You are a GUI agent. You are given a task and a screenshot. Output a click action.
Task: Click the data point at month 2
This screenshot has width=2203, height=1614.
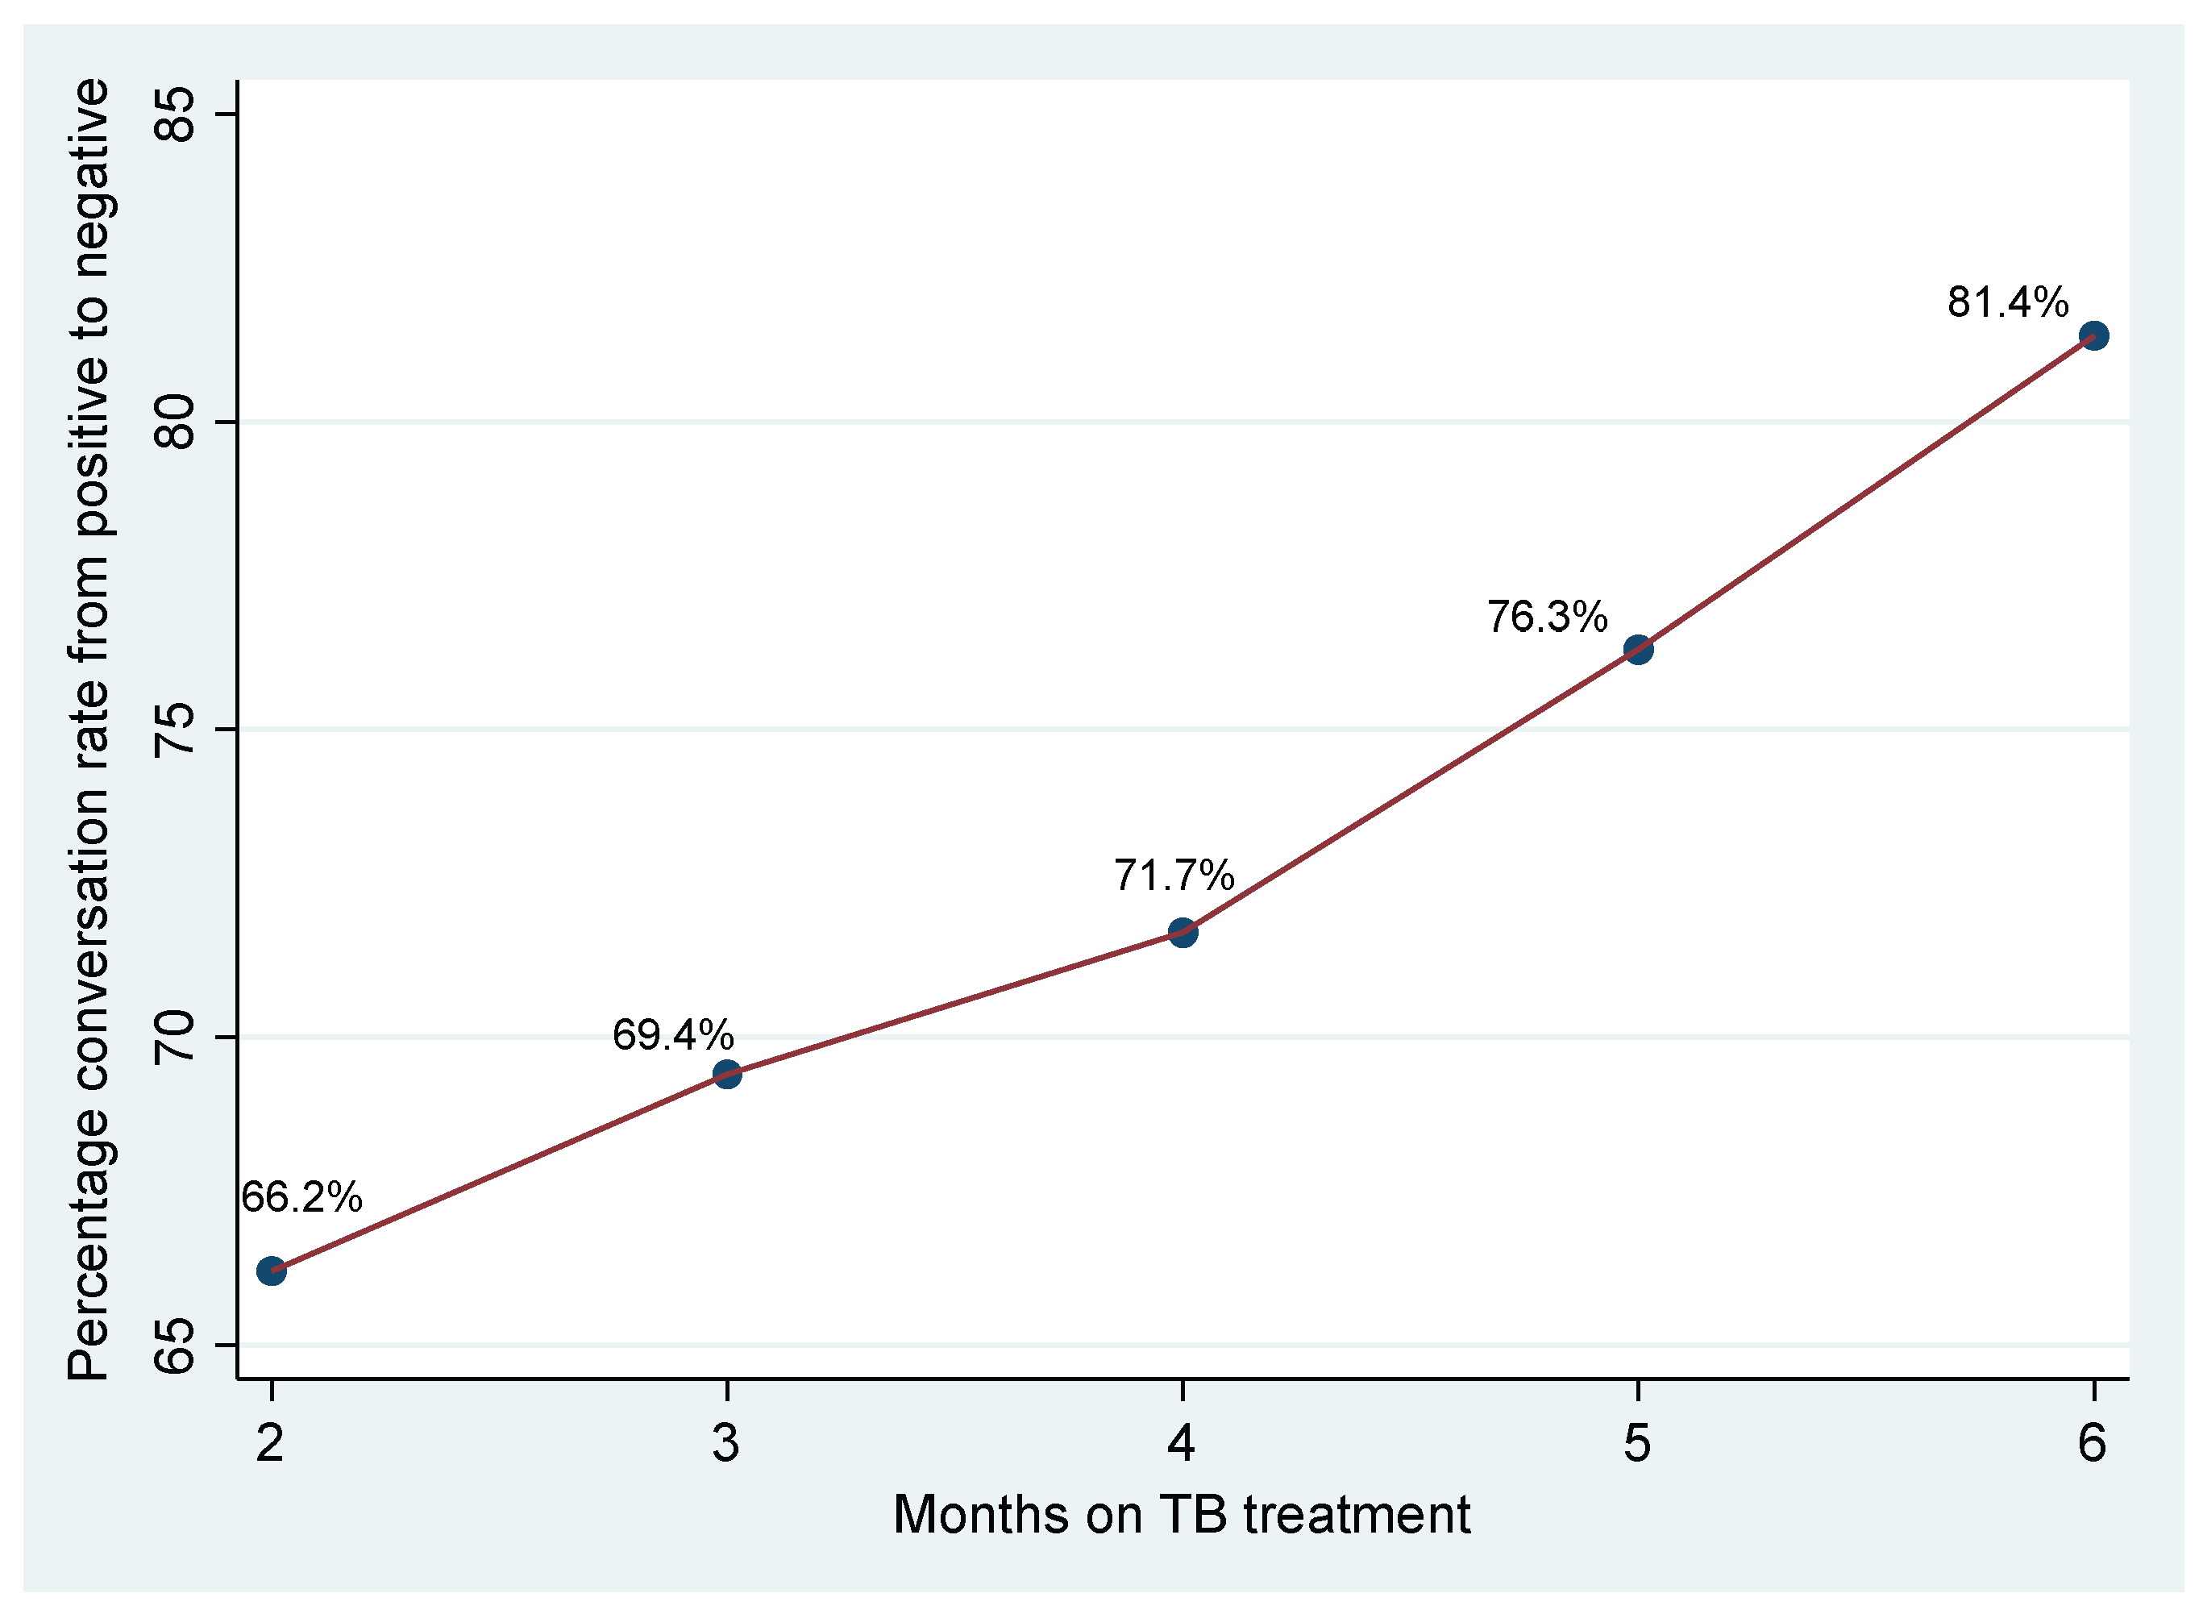tap(272, 1272)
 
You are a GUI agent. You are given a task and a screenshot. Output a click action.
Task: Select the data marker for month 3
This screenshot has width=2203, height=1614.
tap(727, 1075)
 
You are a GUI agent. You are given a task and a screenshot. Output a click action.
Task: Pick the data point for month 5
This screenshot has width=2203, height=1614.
tap(1638, 650)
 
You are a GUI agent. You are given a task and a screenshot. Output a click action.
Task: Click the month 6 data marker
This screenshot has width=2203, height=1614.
tap(2093, 336)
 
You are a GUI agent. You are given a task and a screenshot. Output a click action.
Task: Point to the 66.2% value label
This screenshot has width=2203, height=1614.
tap(301, 1198)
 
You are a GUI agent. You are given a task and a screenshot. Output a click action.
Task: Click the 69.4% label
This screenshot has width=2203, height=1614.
tap(673, 1036)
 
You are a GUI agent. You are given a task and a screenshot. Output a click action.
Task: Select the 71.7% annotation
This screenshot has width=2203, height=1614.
tap(1174, 876)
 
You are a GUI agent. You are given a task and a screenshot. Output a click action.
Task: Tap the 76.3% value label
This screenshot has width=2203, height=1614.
tap(1548, 618)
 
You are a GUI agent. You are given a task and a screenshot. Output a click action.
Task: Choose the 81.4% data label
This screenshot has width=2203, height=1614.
tap(2008, 303)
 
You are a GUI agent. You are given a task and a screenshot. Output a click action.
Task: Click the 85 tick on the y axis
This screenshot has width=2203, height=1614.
tap(177, 114)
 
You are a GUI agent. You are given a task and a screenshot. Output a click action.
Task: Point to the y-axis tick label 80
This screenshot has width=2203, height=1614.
tap(177, 422)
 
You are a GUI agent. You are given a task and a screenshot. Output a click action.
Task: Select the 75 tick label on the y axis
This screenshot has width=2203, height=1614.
tap(177, 730)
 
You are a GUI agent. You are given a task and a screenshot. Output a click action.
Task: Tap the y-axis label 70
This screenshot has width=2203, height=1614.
tap(177, 1038)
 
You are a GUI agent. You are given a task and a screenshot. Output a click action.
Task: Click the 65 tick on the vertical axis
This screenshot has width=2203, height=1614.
tap(177, 1346)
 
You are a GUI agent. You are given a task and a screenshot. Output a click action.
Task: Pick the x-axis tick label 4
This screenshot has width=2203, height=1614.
tap(1182, 1444)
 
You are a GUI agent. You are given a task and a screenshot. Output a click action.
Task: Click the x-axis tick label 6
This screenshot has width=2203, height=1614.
tap(2093, 1444)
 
